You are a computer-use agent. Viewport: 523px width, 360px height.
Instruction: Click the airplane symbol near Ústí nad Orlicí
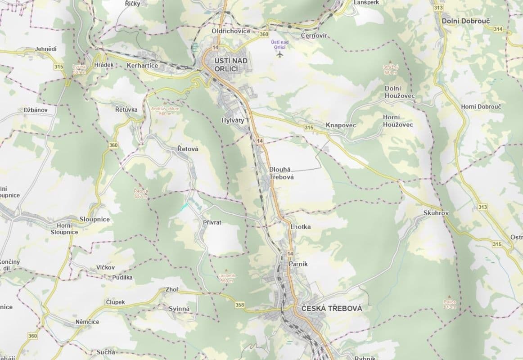(x=280, y=54)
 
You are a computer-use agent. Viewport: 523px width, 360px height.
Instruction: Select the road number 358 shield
(x=239, y=305)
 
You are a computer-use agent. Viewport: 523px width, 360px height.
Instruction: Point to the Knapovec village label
(x=341, y=125)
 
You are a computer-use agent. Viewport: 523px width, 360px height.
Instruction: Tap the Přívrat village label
(x=212, y=222)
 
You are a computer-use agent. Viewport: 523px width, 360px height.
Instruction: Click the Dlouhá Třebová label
(x=281, y=173)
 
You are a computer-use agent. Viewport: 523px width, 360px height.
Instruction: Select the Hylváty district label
(x=233, y=121)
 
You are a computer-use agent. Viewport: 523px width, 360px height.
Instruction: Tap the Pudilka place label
(x=122, y=277)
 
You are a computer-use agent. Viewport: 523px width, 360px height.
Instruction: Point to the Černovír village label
(x=314, y=36)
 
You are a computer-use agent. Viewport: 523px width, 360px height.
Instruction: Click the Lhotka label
(x=301, y=227)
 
